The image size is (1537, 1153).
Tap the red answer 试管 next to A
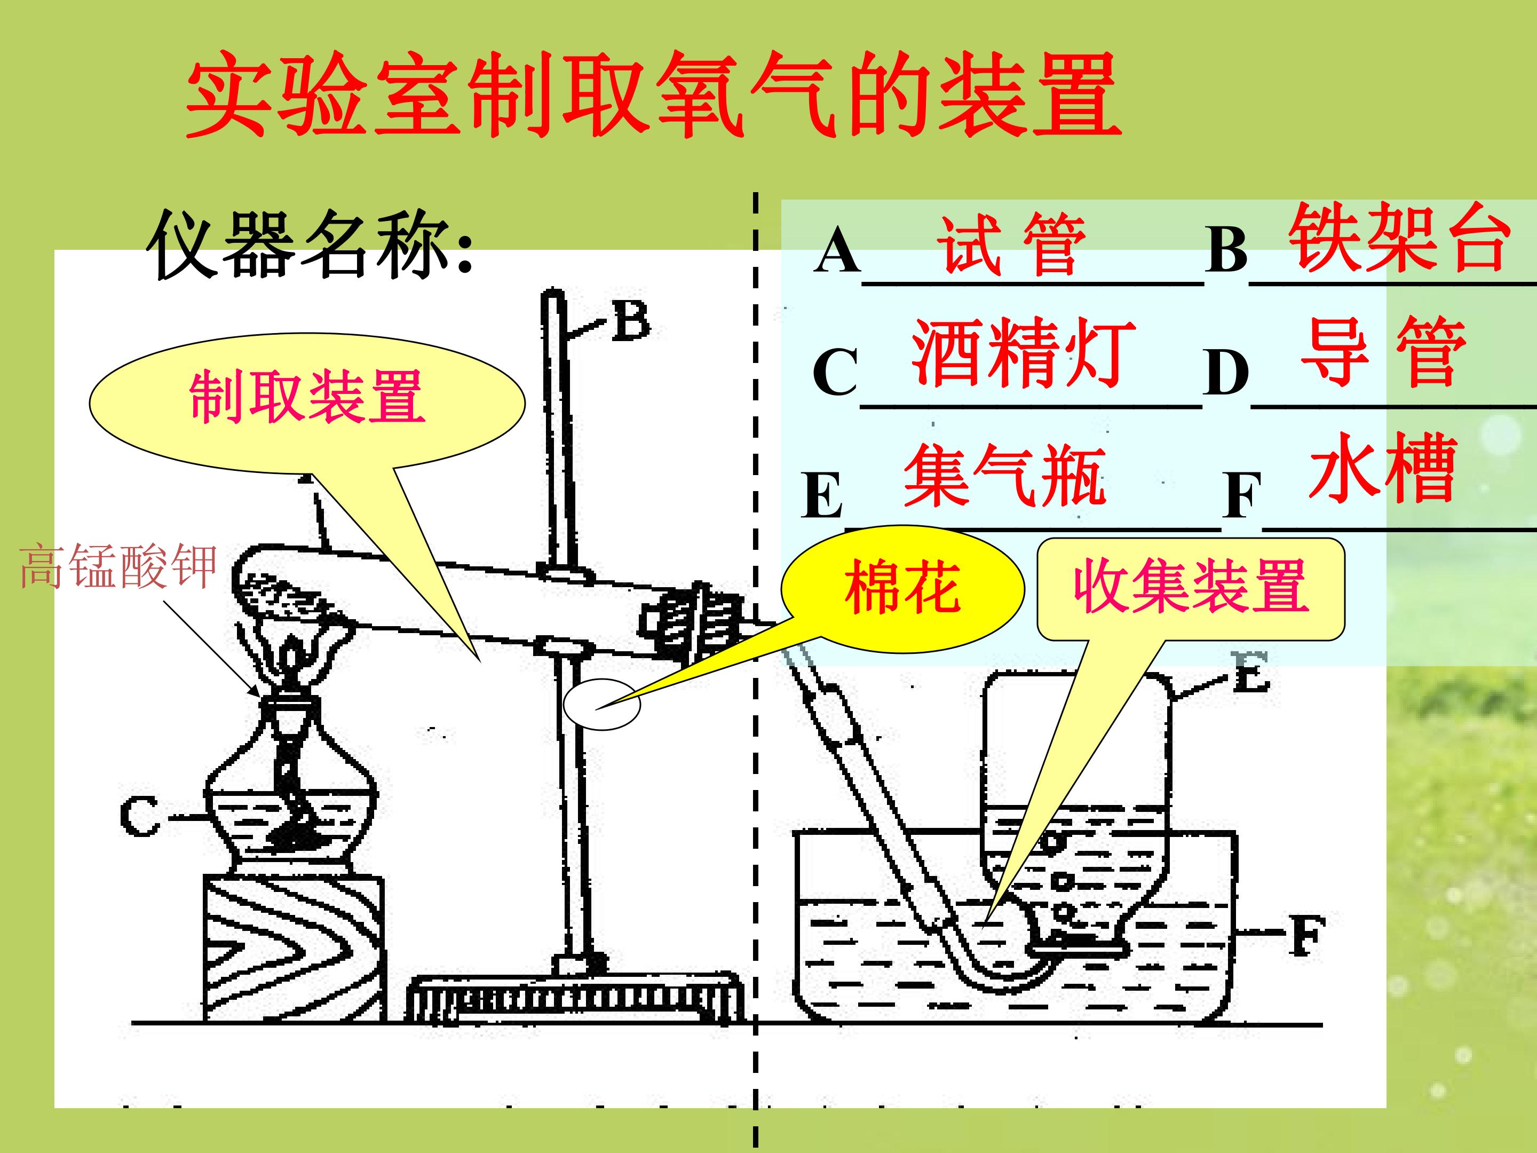pos(1011,244)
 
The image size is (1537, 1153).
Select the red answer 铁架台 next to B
pos(1401,238)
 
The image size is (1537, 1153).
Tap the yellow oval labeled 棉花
pos(902,588)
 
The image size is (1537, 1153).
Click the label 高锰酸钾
pos(118,566)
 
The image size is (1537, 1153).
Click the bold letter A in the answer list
pos(837,251)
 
